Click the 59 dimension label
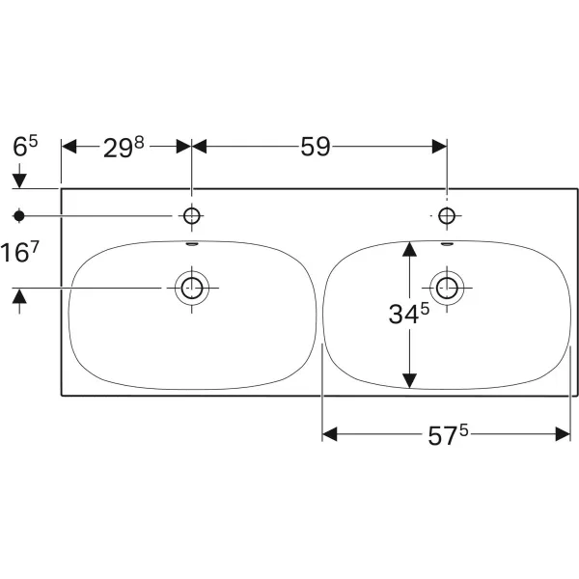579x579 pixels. (x=315, y=147)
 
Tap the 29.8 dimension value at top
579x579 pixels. (x=124, y=148)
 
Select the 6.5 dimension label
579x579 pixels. (x=25, y=146)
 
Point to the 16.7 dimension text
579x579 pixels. (x=19, y=252)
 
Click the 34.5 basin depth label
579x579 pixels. (x=409, y=314)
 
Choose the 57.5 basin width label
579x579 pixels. (x=448, y=435)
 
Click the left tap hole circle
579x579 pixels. (x=192, y=215)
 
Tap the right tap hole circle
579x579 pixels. (x=447, y=215)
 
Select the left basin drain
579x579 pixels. (x=192, y=288)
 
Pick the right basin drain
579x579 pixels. (x=447, y=288)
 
